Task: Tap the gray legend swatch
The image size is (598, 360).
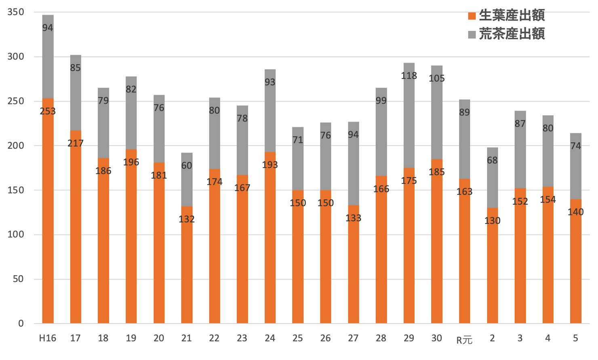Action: click(x=472, y=35)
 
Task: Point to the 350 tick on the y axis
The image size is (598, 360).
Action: click(x=16, y=12)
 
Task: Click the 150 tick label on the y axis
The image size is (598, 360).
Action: click(x=16, y=190)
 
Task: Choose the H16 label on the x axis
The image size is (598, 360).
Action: click(x=48, y=338)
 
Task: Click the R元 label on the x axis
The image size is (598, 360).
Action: click(x=464, y=340)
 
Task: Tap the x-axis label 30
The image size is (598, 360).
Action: click(x=436, y=338)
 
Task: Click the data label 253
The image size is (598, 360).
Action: click(x=48, y=111)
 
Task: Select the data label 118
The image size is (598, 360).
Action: click(x=409, y=76)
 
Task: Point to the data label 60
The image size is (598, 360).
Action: click(x=187, y=165)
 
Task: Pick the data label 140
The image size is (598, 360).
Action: click(x=575, y=212)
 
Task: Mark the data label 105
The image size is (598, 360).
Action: click(x=437, y=78)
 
